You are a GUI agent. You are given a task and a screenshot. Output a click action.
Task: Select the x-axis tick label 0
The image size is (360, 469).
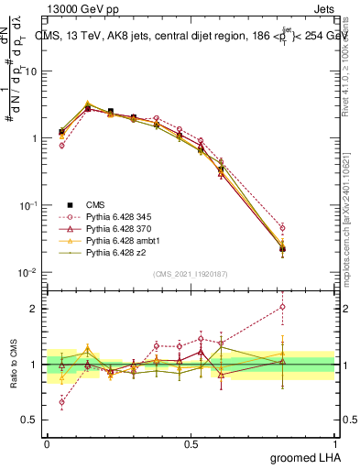tap(46, 442)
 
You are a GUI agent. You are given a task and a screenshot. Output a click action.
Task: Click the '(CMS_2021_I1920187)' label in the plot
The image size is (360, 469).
tap(190, 274)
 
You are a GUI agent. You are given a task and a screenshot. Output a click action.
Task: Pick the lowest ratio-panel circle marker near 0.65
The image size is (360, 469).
tap(61, 402)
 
